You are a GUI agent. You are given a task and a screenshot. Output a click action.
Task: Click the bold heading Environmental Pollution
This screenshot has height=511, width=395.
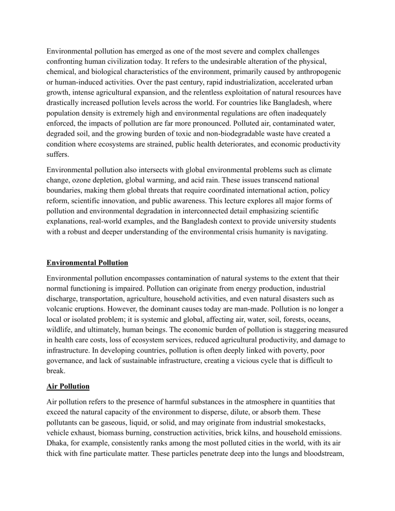[87, 263]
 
